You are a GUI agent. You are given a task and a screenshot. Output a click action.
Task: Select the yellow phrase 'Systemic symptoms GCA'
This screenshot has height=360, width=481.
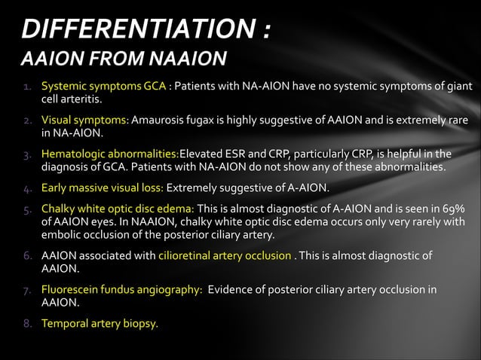click(x=104, y=85)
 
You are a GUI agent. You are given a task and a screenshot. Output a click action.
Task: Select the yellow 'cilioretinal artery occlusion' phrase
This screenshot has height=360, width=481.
click(x=225, y=255)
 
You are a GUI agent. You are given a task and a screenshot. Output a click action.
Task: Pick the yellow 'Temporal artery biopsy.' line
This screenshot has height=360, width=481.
click(x=100, y=325)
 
